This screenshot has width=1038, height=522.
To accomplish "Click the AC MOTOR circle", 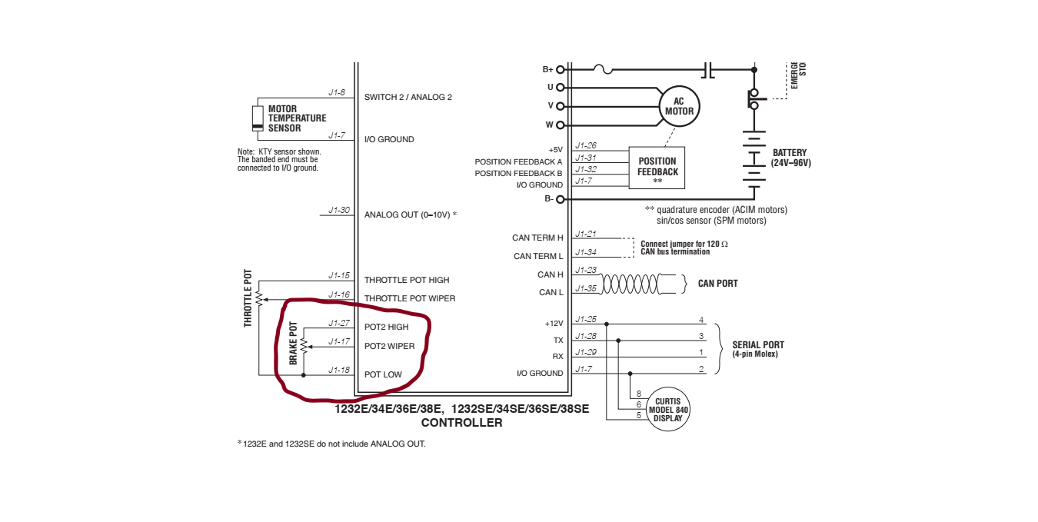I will [679, 106].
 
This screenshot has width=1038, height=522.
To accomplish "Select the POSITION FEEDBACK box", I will [657, 167].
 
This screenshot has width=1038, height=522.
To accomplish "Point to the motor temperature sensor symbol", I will [258, 118].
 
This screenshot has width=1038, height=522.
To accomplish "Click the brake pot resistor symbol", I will [304, 346].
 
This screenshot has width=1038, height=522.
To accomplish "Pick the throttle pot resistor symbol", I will [259, 296].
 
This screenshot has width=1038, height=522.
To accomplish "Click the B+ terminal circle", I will [560, 69].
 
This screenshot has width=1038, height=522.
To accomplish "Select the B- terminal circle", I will [560, 199].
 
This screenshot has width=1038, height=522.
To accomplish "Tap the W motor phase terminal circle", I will [560, 125].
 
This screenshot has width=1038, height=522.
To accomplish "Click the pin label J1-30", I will [339, 210].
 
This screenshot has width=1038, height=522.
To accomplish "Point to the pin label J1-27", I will [339, 323].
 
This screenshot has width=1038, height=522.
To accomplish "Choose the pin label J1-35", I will [586, 288].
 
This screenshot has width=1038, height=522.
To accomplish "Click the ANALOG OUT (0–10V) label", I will [411, 214].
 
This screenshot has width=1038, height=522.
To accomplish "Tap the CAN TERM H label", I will [537, 238].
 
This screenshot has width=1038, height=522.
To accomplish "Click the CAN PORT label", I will [717, 284].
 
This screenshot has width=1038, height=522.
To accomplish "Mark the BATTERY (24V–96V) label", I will [791, 158].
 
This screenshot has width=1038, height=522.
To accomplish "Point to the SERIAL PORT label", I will [758, 345].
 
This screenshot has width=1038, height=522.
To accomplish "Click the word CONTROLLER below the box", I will [461, 423].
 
